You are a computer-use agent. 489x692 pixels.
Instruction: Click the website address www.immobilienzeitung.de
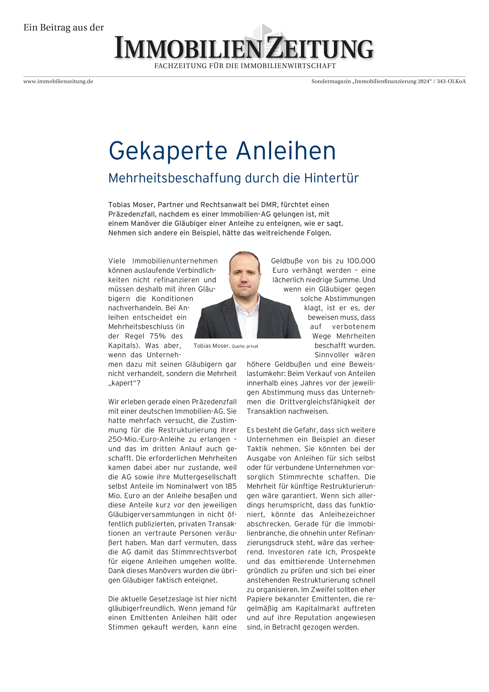58,81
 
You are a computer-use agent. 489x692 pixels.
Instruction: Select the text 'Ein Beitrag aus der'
64,27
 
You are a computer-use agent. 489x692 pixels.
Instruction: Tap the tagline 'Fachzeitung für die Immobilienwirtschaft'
245,66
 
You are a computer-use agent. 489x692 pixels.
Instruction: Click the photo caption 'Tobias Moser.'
212,346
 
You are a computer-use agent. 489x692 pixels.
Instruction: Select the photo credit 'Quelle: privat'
245,346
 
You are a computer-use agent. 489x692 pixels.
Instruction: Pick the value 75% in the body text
157,336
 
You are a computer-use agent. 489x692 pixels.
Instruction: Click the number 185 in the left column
230,486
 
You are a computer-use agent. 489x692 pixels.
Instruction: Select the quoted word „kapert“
124,383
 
